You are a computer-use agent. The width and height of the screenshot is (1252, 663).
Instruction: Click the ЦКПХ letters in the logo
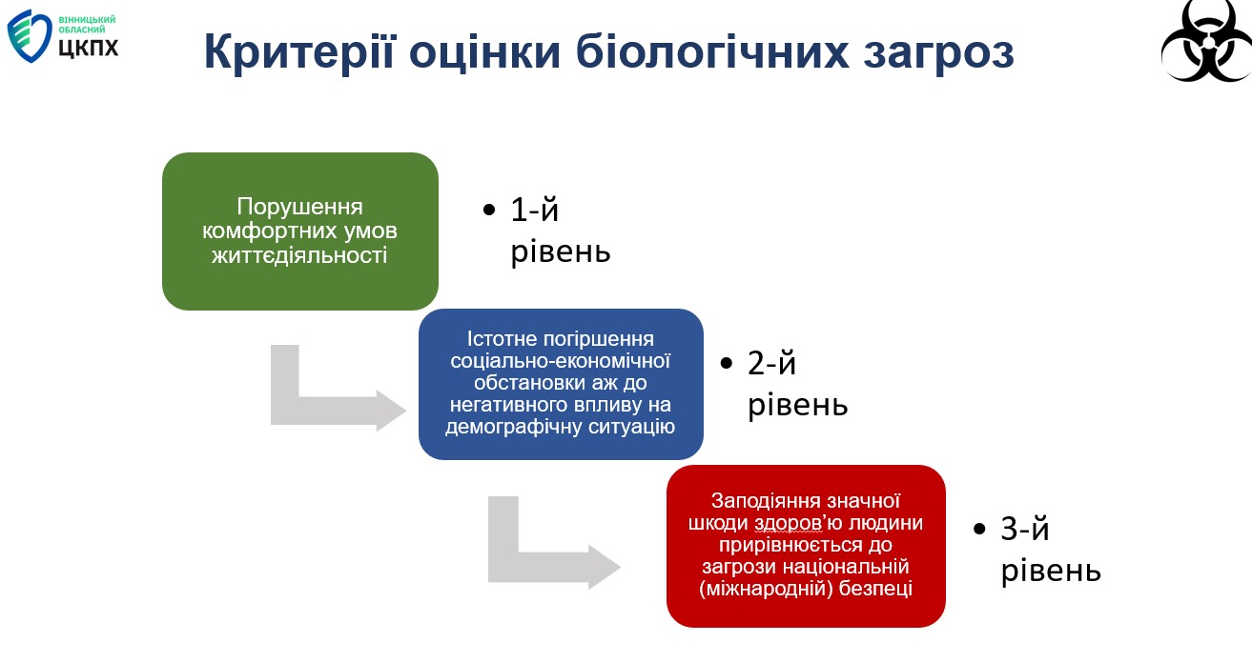pos(89,47)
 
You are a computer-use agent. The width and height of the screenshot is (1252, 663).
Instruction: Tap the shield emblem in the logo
pos(30,35)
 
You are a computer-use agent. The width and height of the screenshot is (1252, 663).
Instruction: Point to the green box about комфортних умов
pos(299,231)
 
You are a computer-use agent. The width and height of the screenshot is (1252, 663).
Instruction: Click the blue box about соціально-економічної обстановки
pos(561,383)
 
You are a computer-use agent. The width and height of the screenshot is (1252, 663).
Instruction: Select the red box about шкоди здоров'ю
pos(806,545)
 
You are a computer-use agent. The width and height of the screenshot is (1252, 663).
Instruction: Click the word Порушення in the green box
pos(299,208)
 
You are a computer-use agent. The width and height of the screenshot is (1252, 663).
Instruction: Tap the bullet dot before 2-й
pos(728,364)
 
